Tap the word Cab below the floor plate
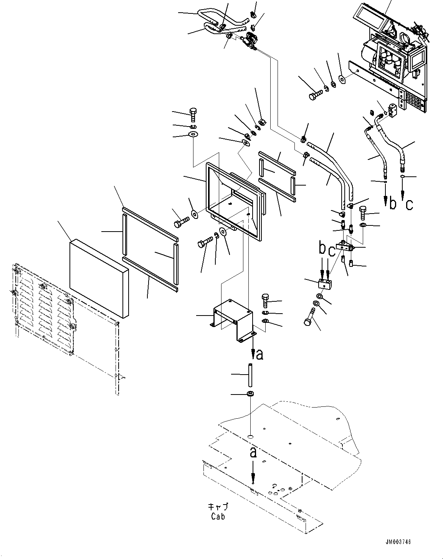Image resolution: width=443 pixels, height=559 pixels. pos(218,516)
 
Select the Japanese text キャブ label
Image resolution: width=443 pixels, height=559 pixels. pos(218,507)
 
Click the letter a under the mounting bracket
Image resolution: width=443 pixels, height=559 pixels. pos(260,355)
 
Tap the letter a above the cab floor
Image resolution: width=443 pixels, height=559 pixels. pos(253,453)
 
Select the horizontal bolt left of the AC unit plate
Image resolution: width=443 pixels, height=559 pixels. pos(314,94)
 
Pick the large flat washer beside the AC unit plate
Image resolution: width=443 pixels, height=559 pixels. pos(341,81)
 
